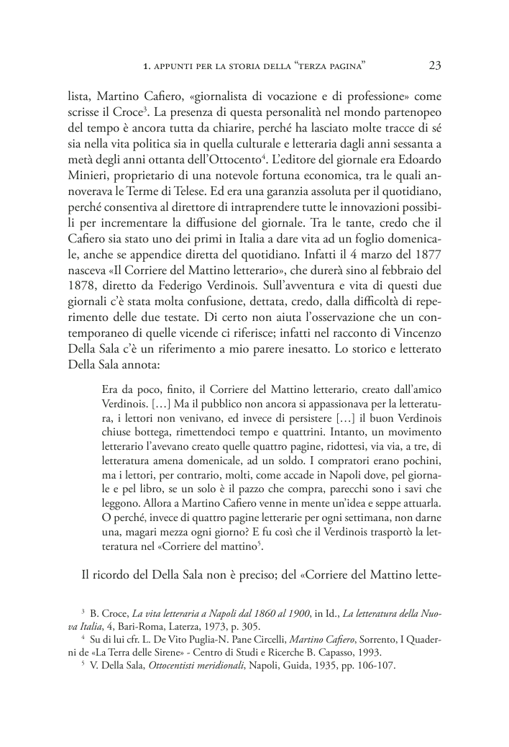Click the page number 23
coord(435,66)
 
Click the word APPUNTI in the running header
coord(174,67)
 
